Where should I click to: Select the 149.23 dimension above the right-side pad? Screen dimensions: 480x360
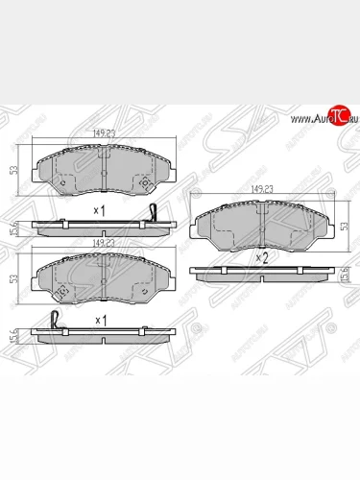point(260,189)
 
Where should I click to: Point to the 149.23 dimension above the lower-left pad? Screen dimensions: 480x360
point(103,244)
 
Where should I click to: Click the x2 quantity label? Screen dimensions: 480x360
point(260,258)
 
